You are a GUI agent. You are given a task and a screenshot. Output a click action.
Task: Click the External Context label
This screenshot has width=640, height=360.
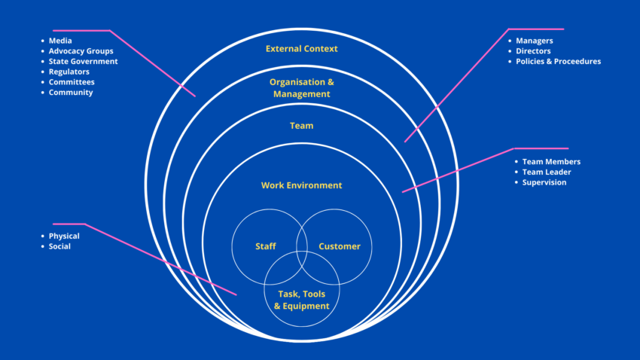[301, 49]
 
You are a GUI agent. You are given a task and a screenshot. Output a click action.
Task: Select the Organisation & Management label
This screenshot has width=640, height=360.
[301, 87]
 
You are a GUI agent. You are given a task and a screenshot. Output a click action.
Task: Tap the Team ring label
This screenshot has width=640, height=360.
[301, 126]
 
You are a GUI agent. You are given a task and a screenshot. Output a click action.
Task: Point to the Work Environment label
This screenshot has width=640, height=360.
[301, 185]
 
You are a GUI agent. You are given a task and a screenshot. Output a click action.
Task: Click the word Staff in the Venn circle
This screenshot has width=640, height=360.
[265, 246]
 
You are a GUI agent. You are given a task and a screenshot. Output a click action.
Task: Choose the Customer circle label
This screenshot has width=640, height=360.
[339, 246]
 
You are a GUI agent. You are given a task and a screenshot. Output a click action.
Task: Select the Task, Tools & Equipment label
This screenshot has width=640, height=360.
[301, 301]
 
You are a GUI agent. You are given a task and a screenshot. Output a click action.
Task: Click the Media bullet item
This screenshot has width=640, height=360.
[61, 40]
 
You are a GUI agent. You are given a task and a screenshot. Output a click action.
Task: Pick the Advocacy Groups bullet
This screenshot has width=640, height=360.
[81, 50]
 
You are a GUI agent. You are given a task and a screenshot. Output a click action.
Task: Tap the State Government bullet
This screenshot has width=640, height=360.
[83, 61]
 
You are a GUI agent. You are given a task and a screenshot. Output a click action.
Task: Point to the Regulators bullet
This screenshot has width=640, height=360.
[69, 72]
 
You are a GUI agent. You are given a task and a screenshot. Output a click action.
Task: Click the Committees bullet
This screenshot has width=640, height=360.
[72, 82]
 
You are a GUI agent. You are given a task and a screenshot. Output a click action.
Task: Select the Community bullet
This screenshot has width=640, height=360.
[71, 93]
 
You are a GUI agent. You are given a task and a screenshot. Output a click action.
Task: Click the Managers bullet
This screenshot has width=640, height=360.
[534, 40]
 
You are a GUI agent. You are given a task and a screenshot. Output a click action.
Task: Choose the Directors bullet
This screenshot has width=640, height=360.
[533, 50]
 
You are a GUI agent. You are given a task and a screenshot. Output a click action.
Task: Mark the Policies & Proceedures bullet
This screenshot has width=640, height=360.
[558, 61]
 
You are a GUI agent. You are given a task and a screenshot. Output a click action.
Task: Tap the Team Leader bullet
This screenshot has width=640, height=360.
[546, 172]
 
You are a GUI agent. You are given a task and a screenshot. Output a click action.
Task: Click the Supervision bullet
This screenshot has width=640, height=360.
[544, 182]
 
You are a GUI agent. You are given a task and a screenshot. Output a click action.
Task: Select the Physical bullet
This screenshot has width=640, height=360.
[64, 236]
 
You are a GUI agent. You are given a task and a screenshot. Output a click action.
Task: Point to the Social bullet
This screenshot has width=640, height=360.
[59, 246]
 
